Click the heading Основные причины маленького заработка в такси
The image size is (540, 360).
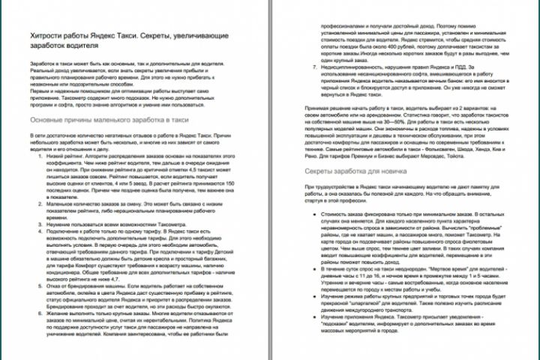point(104,120)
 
